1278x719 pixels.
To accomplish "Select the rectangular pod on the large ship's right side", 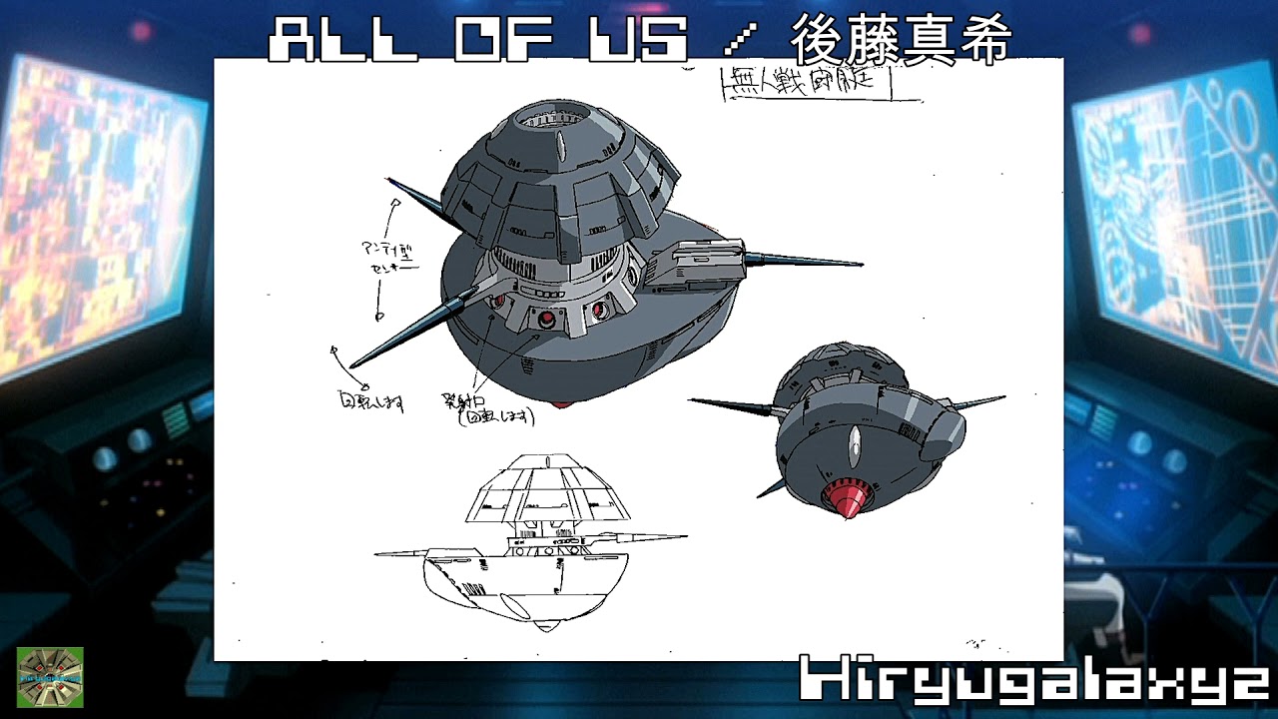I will (x=698, y=263).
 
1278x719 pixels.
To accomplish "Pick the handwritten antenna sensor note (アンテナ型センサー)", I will (x=385, y=258).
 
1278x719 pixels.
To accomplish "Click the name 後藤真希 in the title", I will (x=902, y=41).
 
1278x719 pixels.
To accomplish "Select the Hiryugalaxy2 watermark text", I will (x=1033, y=682).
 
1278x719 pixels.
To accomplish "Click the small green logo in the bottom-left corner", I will (x=50, y=677).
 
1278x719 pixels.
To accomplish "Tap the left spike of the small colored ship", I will (x=734, y=405).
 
